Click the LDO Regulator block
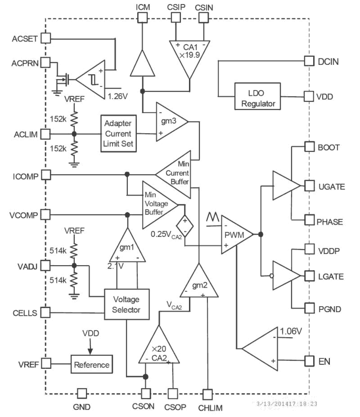pyautogui.click(x=257, y=96)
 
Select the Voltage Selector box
pyautogui.click(x=126, y=304)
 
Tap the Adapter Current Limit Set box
pyautogui.click(x=118, y=133)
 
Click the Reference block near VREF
pyautogui.click(x=91, y=364)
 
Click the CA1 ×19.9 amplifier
pyautogui.click(x=189, y=54)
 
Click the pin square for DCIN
pyautogui.click(x=309, y=61)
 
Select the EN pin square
pyautogui.click(x=309, y=361)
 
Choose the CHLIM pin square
pyautogui.click(x=208, y=394)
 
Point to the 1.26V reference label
pyautogui.click(x=118, y=96)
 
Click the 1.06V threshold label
pyautogui.click(x=291, y=331)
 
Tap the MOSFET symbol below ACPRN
pyautogui.click(x=63, y=80)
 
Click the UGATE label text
pyautogui.click(x=332, y=187)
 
